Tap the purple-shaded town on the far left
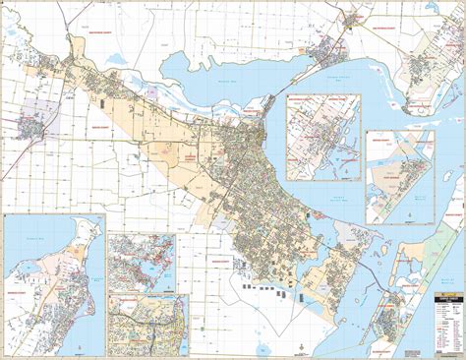point(33,129)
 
